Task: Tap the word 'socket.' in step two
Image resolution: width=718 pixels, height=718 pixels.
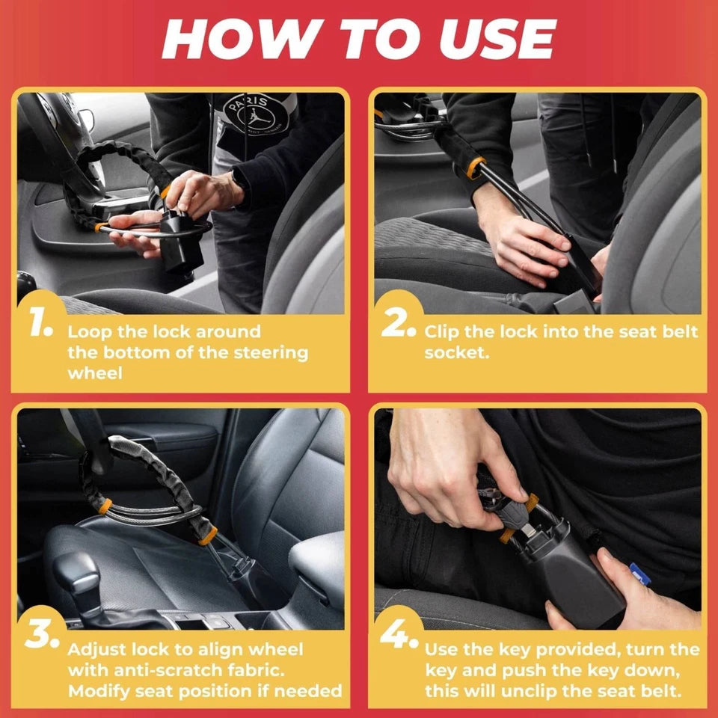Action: [456, 352]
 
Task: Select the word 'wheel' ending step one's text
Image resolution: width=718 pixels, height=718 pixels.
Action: [94, 373]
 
